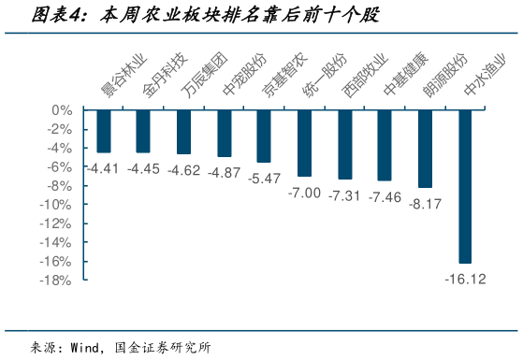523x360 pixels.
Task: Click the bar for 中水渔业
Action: point(465,186)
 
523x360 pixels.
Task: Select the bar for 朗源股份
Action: point(425,149)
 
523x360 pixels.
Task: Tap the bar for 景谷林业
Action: point(103,131)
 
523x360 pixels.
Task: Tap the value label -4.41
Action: point(103,168)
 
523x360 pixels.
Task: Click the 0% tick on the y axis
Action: point(62,110)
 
